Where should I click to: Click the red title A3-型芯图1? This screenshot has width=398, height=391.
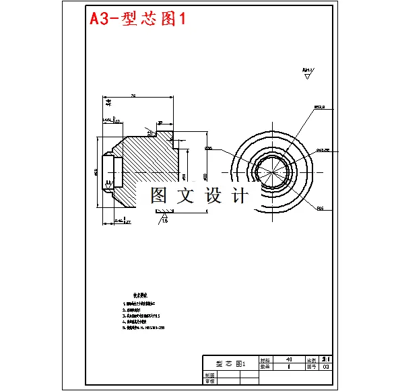138,19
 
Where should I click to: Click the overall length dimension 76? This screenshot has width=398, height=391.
133,96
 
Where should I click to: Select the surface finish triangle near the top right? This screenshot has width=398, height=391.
308,77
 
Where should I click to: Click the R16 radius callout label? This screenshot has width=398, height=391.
320,209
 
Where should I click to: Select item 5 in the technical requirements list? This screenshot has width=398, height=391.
143,328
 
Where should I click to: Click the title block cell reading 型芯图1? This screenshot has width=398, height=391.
230,363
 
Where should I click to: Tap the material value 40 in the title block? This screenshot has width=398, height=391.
289,360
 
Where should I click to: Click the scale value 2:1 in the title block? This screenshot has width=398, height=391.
327,360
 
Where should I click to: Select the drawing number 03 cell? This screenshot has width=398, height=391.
327,367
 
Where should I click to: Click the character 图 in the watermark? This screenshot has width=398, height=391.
159,195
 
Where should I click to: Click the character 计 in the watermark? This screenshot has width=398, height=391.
239,195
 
